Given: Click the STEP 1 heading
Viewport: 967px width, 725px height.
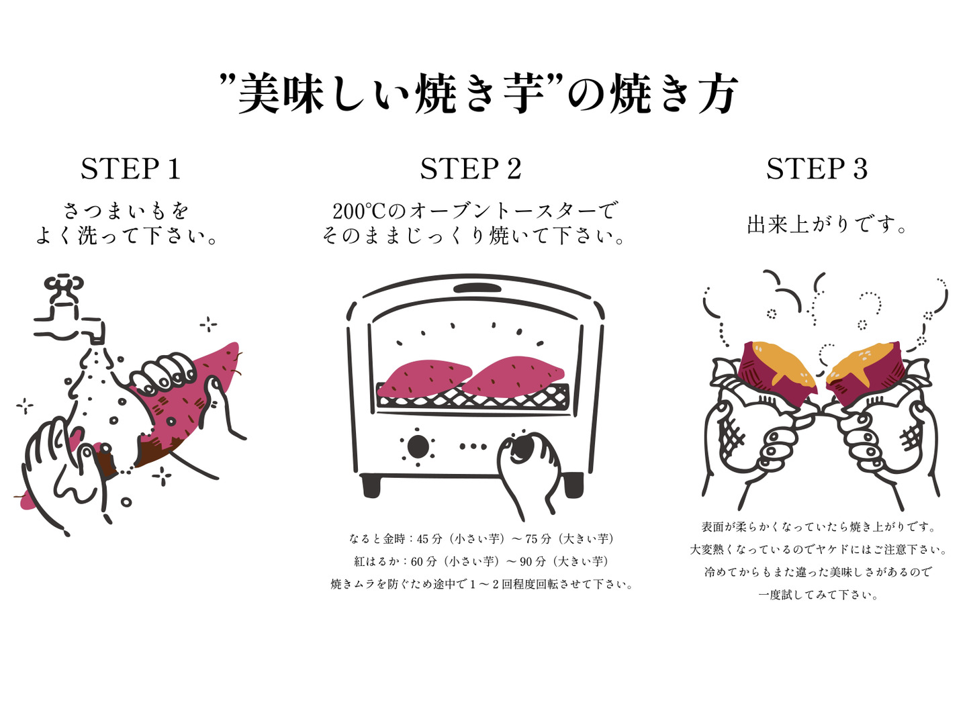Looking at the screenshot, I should [x=131, y=168].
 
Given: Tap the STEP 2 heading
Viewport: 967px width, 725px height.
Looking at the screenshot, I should [x=471, y=168].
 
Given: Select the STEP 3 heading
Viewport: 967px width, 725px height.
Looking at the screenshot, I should [x=817, y=168].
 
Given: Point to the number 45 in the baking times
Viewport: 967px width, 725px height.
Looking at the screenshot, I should [x=423, y=539].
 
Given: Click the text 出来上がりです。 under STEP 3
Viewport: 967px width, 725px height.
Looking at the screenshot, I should [x=827, y=224].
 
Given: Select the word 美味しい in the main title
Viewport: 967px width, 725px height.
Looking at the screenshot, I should [x=324, y=94].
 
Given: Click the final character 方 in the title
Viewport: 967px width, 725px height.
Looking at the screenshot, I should [x=717, y=94].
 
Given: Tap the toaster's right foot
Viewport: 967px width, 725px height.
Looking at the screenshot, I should [x=572, y=485].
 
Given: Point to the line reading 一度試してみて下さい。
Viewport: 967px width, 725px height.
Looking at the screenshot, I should [x=818, y=595].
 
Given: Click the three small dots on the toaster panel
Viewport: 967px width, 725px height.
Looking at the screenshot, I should [x=473, y=446].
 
